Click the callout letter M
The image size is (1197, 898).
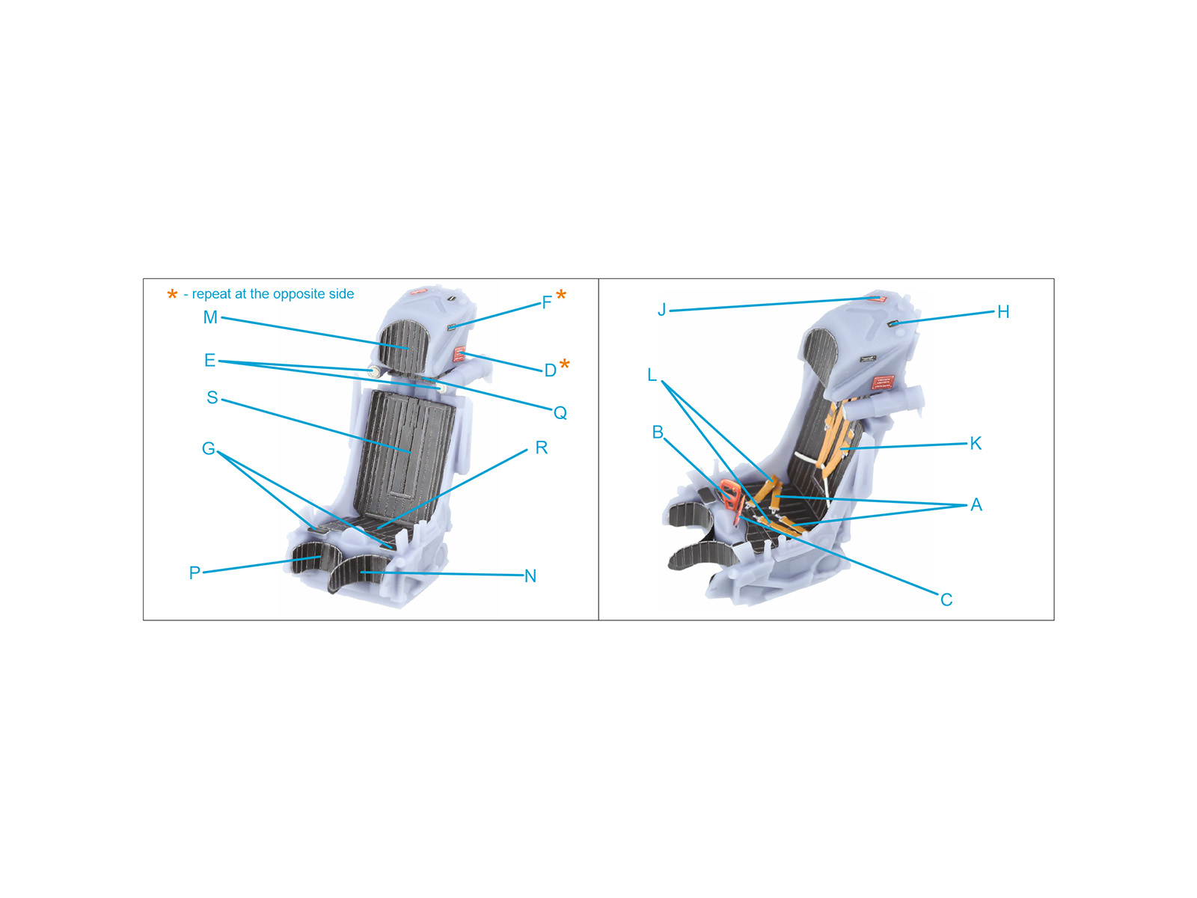210,317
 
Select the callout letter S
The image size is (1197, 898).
212,397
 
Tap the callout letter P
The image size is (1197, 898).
195,573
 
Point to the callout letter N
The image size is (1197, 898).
530,576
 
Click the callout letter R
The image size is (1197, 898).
541,448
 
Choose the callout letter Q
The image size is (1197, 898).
560,413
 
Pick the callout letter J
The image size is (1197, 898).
661,310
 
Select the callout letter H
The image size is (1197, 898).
1003,312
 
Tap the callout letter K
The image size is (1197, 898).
976,443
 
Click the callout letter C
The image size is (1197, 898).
946,599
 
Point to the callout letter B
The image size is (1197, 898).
658,433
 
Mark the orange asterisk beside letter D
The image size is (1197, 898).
565,364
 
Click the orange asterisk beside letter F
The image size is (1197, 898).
561,296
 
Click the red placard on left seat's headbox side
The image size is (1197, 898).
459,355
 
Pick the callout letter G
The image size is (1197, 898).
208,449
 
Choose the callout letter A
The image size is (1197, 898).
976,505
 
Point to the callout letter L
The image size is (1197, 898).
652,375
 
